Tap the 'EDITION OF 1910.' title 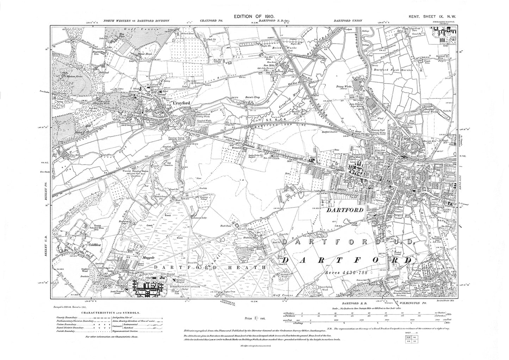tap(254, 17)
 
